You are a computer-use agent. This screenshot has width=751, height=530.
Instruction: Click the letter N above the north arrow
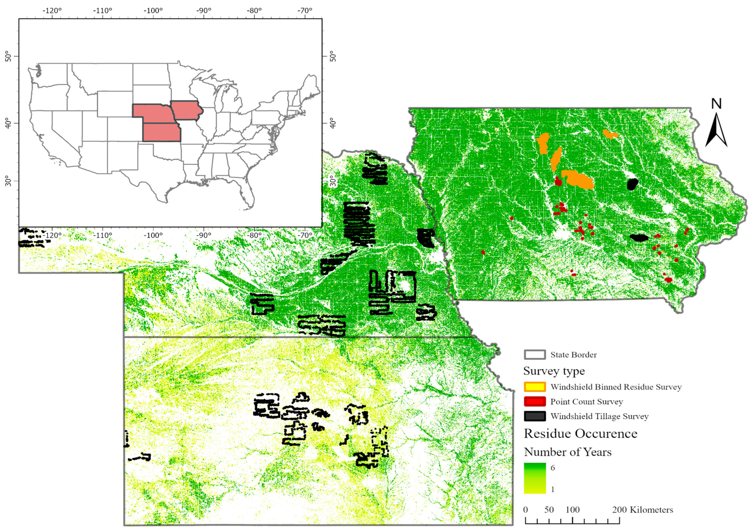point(716,104)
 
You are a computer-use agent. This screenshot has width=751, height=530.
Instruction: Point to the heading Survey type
point(554,371)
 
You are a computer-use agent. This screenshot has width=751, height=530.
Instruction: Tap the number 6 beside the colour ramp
point(553,467)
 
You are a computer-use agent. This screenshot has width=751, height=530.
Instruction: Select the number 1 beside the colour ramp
point(553,490)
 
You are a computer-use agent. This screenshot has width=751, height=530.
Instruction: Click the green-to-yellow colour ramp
point(535,478)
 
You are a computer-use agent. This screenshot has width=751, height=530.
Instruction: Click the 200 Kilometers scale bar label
point(642,510)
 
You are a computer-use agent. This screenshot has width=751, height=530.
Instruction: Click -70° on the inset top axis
point(305,10)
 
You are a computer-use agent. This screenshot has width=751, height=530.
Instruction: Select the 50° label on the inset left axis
point(8,56)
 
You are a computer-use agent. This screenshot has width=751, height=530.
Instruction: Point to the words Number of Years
point(568,452)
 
